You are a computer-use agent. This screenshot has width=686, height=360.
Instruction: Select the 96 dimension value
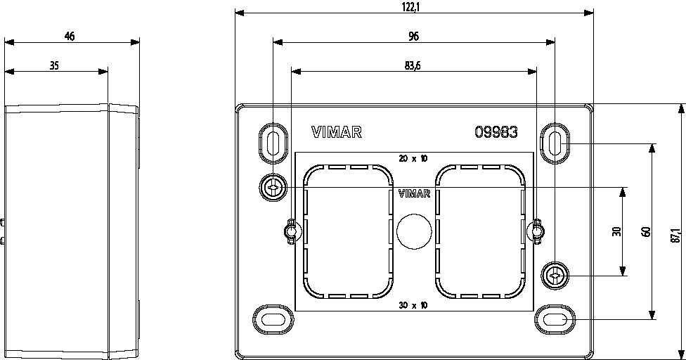(413, 37)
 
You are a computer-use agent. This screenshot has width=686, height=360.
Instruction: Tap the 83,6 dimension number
(413, 66)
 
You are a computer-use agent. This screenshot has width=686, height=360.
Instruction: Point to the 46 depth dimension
(70, 37)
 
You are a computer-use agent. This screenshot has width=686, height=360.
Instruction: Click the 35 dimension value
(54, 66)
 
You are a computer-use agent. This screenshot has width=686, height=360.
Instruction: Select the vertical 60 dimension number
(647, 232)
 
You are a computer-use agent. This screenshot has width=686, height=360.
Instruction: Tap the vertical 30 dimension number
(617, 231)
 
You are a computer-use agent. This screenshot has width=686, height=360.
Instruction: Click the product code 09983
(496, 132)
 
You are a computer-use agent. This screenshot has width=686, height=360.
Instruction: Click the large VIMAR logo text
(337, 132)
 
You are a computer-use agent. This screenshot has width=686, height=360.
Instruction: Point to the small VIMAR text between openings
(414, 193)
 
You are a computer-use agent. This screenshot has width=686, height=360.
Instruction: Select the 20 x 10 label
(413, 158)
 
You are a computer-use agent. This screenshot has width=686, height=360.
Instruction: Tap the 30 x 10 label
(413, 305)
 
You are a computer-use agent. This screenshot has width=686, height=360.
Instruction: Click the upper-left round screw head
(273, 188)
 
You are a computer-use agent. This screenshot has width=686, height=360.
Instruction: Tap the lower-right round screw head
(555, 276)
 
